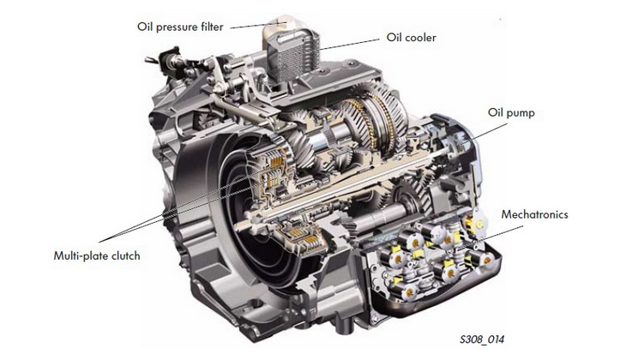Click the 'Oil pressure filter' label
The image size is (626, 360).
(x=180, y=27)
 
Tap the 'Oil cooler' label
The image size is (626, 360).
(x=412, y=38)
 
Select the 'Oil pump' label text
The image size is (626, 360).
(x=511, y=113)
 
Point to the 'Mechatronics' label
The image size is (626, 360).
(x=534, y=214)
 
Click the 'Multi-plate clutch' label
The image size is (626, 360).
(x=97, y=255)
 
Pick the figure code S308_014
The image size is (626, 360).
(x=482, y=339)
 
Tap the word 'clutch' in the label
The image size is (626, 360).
(x=126, y=255)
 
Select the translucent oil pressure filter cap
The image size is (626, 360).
(x=278, y=26)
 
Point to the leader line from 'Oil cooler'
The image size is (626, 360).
(x=350, y=45)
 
